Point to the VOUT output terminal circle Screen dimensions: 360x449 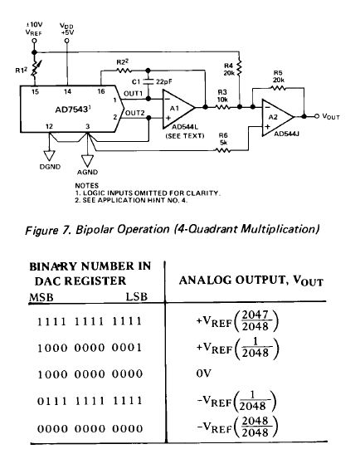[x=317, y=116]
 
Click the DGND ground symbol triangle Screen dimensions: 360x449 [x=49, y=155]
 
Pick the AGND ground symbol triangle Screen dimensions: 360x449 [x=87, y=160]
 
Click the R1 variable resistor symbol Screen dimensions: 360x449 [x=34, y=69]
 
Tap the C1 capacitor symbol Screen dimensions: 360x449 [x=148, y=81]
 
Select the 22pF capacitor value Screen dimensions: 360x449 [x=164, y=82]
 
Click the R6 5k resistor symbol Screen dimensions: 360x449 [x=223, y=150]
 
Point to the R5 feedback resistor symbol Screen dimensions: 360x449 [x=278, y=88]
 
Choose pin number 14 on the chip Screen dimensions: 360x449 [x=67, y=91]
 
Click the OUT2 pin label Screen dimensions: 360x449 [x=134, y=114]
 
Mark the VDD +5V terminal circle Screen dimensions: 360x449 [x=67, y=41]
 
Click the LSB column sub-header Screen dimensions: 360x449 [x=137, y=296]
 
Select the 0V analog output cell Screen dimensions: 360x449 [x=204, y=373]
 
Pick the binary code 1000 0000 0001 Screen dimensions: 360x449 [x=90, y=348]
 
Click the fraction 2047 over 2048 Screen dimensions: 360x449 [x=255, y=320]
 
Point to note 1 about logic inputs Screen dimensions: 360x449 [x=147, y=193]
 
